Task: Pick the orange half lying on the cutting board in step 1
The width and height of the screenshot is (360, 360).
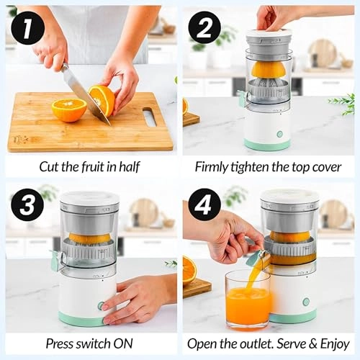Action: (x=69, y=109)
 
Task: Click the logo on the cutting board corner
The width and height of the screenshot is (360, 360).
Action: (x=19, y=139)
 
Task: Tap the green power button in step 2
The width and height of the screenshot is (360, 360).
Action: (x=279, y=134)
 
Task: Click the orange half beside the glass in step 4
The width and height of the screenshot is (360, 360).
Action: (x=189, y=271)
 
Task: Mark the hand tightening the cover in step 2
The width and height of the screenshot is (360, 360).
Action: (x=277, y=16)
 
